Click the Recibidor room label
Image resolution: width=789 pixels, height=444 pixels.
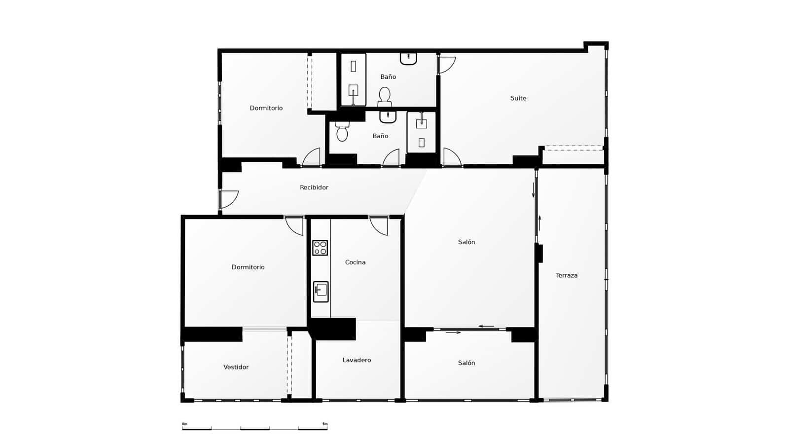pos(314,187)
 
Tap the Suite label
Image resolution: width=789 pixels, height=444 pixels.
pos(518,98)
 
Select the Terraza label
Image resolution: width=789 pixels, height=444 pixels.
pos(567,275)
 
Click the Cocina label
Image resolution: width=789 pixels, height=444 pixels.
pos(355,262)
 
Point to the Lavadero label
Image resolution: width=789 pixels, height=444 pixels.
pos(357,360)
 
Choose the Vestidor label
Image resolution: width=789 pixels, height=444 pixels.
pos(236,367)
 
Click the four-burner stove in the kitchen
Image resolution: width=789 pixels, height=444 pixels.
pos(320,248)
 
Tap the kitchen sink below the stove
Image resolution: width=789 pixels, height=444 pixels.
pos(321,291)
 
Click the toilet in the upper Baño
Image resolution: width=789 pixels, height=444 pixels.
pos(385,96)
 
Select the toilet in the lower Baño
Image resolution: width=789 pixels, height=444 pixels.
pos(342,132)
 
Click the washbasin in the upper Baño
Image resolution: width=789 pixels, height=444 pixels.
pos(408,59)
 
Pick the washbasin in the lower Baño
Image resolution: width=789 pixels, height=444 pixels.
pos(388,117)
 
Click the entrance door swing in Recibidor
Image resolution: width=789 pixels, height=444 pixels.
pos(228,199)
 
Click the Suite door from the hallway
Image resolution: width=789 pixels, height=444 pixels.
pos(452,157)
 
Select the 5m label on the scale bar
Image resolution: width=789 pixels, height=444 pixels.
pos(324,424)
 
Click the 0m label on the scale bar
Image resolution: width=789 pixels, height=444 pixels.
pos(184,424)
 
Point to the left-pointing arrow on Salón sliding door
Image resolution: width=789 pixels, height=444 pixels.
pos(486,326)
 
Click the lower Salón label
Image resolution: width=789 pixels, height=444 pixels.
pos(466,363)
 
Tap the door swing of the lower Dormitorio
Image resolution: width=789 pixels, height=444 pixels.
pos(294,225)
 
